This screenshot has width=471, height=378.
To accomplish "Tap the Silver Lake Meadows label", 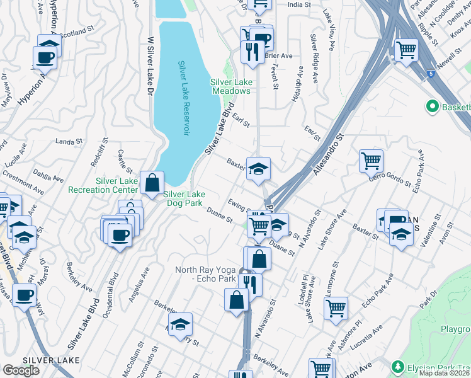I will pyautogui.click(x=230, y=86).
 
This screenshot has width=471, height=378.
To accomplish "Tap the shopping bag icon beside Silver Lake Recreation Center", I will pyautogui.click(x=152, y=183).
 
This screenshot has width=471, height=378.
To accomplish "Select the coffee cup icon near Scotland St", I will pyautogui.click(x=46, y=57).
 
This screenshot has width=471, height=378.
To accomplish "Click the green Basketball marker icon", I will pyautogui.click(x=433, y=106).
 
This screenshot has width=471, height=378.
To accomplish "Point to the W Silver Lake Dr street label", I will pyautogui.click(x=150, y=66).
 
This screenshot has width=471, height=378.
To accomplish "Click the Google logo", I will pyautogui.click(x=21, y=370).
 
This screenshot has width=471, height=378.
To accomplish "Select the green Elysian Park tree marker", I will pyautogui.click(x=397, y=366).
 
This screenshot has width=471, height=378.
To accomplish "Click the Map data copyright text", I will pyautogui.click(x=445, y=373).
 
